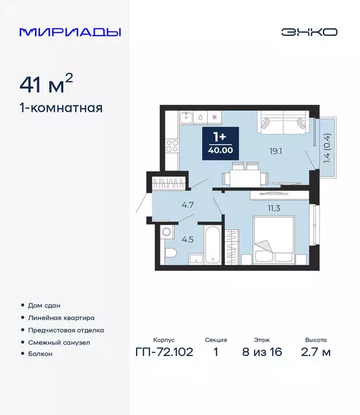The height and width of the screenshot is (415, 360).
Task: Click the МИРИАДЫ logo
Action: (70, 32)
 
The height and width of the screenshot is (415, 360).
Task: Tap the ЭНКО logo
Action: (309, 32)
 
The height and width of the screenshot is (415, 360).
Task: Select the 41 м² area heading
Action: (46, 84)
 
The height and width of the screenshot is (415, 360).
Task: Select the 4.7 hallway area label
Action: (174, 205)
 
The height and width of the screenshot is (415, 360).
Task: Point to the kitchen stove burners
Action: (172, 145)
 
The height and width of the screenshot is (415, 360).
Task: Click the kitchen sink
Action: (185, 116)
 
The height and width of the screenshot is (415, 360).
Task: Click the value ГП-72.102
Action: (163, 353)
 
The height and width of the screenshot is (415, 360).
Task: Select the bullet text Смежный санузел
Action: (59, 342)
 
